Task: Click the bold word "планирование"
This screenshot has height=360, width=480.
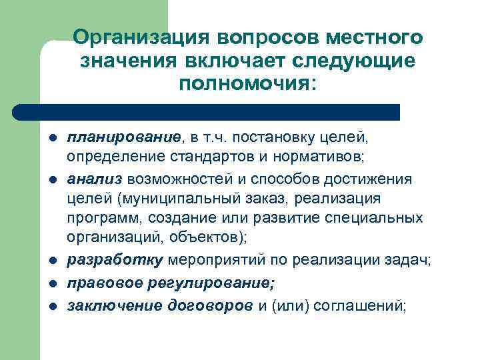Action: (x=123, y=137)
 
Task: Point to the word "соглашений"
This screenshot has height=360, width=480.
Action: (x=361, y=306)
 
